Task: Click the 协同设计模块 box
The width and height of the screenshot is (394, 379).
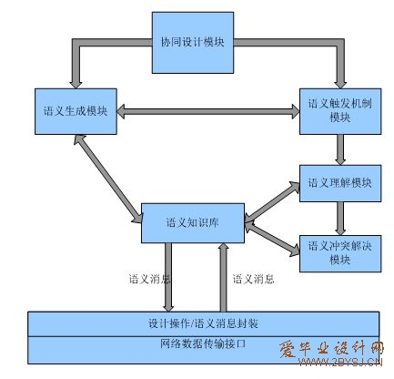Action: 193,43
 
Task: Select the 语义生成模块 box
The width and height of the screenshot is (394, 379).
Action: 76,111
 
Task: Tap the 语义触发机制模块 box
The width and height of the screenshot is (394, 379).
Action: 340,111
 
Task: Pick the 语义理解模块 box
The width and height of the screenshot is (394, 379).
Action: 340,183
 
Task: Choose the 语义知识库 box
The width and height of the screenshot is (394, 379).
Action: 193,223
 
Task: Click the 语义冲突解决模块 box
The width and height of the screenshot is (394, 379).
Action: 340,253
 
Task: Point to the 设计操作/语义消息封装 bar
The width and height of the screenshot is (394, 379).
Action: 203,323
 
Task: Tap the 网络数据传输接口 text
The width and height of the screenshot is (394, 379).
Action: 203,343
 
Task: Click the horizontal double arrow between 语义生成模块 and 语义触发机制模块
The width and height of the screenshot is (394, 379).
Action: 208,111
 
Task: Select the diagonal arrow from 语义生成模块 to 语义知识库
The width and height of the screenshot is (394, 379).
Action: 108,179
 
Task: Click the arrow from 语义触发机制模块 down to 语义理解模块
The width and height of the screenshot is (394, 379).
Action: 340,149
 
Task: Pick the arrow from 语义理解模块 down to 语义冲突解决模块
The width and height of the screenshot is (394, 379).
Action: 340,219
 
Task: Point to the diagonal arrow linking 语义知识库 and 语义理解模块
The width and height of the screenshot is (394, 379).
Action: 272,202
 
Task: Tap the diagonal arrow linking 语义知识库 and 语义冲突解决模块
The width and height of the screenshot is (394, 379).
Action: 272,240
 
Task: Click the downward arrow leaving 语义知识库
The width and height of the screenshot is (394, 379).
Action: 168,277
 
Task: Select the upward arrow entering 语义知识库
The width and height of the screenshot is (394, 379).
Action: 224,277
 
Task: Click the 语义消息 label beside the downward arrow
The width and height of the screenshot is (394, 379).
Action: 149,279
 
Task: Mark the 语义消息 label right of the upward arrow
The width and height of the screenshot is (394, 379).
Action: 253,279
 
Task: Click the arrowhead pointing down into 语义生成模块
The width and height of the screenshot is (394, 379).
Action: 76,84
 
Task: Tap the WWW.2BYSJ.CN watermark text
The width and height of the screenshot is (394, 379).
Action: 340,362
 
